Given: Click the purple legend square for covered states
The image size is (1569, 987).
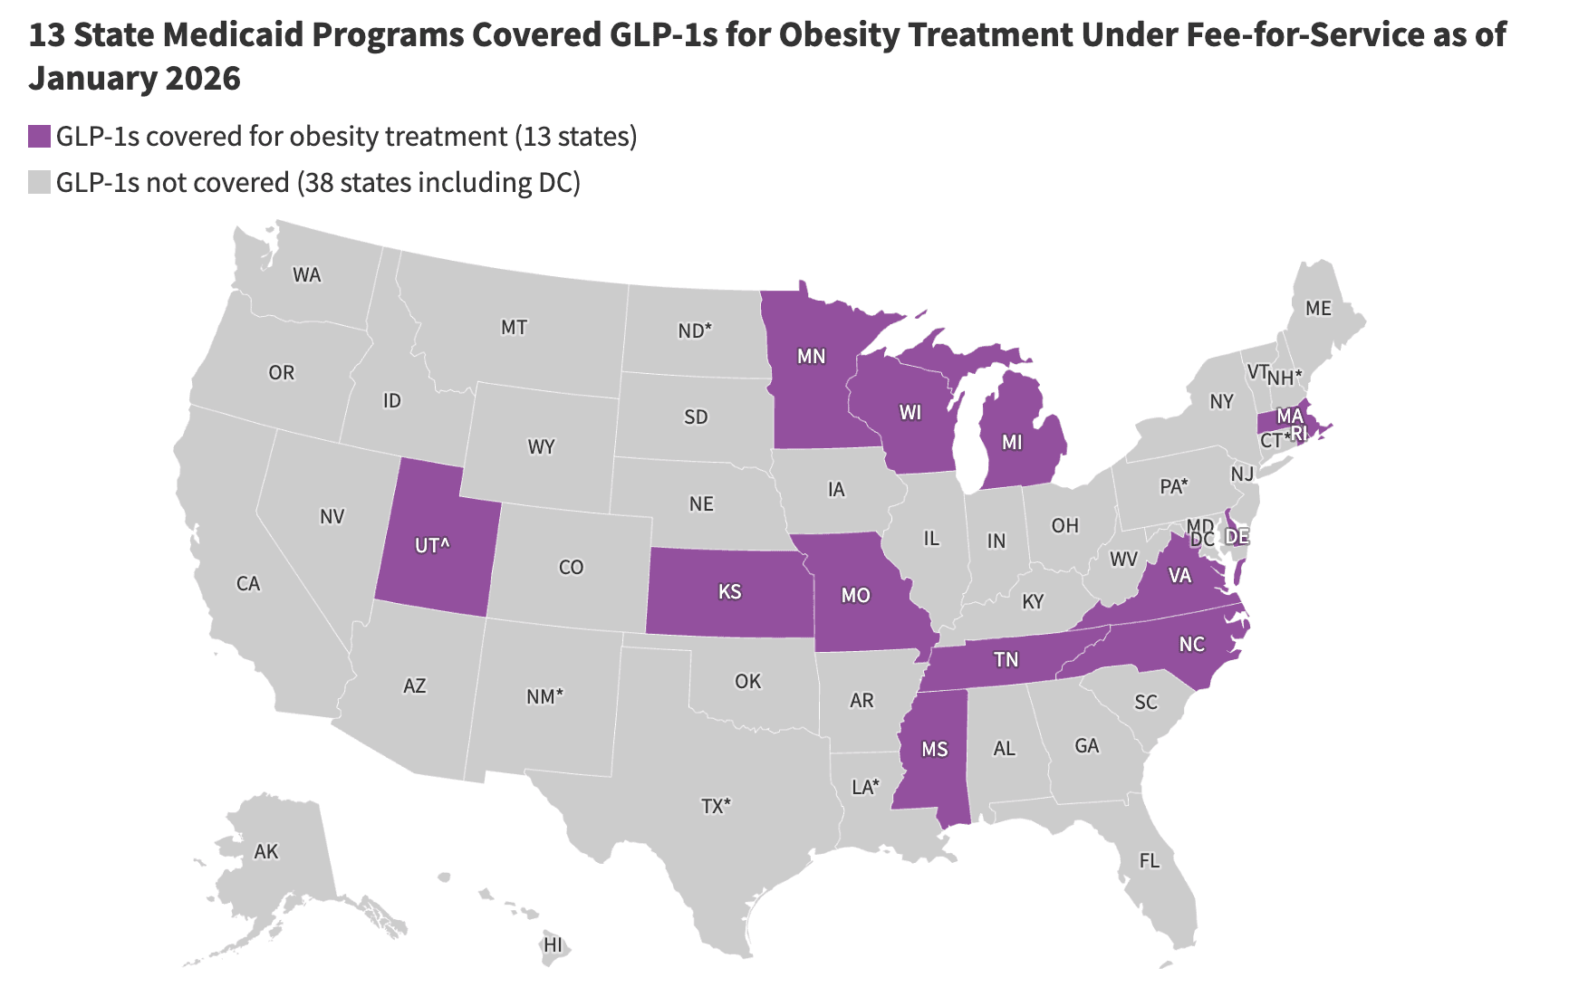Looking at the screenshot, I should pos(39,137).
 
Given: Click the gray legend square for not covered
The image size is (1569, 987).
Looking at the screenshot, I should pos(39,183).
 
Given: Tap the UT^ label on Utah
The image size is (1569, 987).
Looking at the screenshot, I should pos(433,546).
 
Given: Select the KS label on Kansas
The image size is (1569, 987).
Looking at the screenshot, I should pos(729,592).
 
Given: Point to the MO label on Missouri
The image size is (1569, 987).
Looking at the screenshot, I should pos(855,596).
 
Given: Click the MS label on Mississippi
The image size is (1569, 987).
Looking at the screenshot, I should pos(934,750).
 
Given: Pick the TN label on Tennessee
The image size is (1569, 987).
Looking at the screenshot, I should pos(1006,660).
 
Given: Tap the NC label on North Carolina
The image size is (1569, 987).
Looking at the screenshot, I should pos(1191,645).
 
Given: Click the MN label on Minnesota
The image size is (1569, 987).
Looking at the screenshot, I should pos(811,357).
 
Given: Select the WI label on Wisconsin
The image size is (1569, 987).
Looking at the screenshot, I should pos(910,414).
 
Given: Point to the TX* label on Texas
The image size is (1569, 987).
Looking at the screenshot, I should pos(716,806).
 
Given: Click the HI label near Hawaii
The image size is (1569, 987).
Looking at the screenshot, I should pos(553,945).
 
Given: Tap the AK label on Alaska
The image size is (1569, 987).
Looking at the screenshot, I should pos(266,852).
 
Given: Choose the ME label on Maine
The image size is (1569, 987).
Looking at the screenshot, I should pos(1318,309).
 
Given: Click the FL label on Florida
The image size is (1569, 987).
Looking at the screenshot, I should pos(1149,861).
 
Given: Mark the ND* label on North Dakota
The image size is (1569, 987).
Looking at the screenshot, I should pos(695,331).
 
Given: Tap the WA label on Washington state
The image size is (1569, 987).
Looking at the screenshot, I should pos(307,275).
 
